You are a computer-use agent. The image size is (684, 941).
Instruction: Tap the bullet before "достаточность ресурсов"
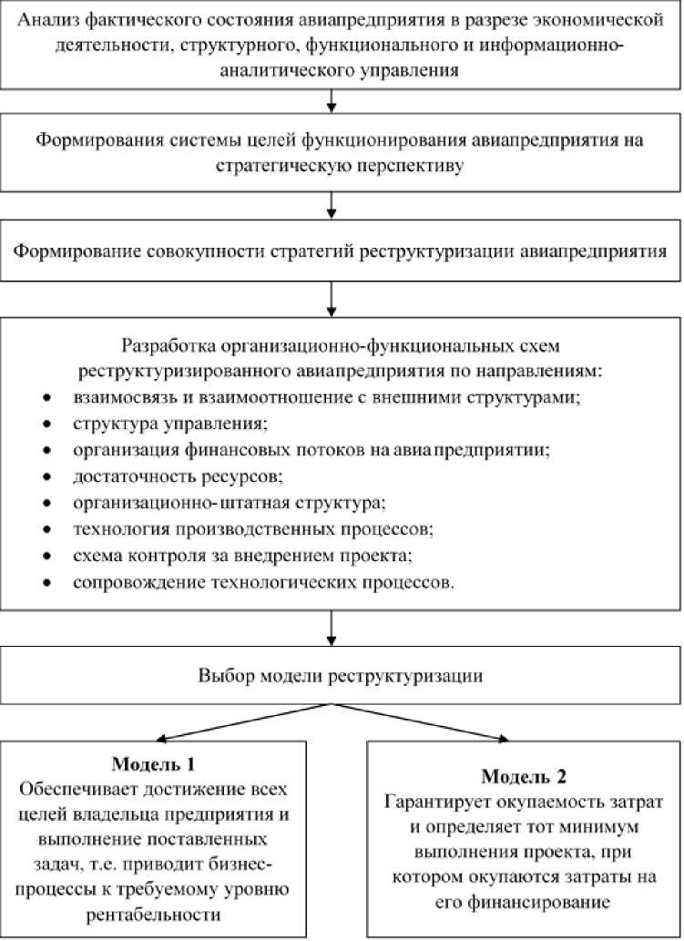[47, 476]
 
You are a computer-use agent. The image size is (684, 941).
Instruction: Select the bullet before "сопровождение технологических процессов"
[47, 582]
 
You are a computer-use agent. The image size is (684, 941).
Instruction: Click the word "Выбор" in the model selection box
[222, 677]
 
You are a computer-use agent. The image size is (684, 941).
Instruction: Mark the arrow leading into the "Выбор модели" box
[333, 629]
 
